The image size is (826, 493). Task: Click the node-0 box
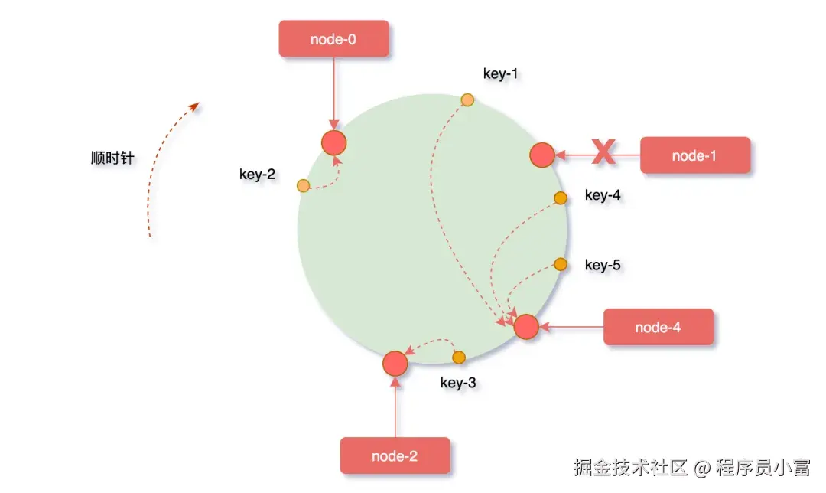tap(334, 38)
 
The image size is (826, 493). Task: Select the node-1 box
tap(694, 155)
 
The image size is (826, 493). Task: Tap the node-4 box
tap(659, 328)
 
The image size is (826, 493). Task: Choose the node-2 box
tap(395, 456)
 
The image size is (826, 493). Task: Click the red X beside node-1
tap(604, 152)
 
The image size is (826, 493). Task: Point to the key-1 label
tap(501, 73)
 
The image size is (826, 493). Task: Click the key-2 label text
tap(257, 174)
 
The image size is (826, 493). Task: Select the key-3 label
tap(458, 382)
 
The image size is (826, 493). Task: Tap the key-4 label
tap(603, 195)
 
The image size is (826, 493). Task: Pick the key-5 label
tap(603, 265)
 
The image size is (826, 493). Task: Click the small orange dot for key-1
tap(467, 100)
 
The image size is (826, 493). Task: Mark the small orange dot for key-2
tap(303, 185)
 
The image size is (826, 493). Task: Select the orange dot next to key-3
tap(459, 358)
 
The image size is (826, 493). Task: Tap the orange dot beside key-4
tap(560, 198)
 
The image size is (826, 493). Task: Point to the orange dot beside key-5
tap(560, 264)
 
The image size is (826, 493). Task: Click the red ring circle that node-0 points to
tap(334, 142)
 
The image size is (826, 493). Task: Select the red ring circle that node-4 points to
tap(526, 327)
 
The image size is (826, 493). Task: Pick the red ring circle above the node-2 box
tap(395, 363)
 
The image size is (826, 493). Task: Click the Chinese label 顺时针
tap(112, 158)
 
